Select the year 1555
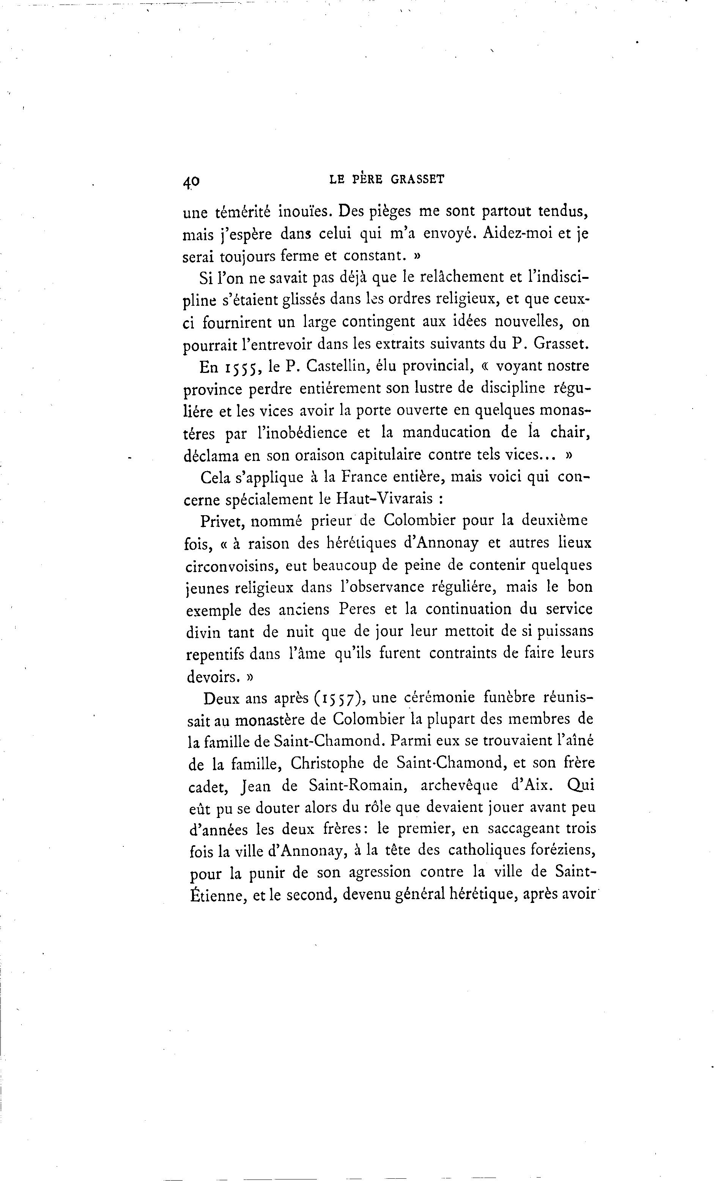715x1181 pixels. [242, 367]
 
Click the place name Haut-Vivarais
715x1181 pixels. [380, 499]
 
